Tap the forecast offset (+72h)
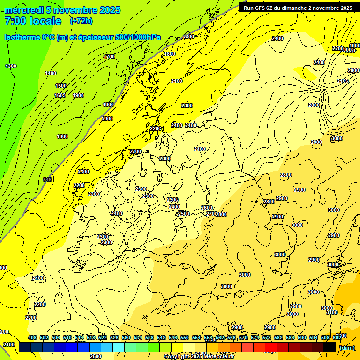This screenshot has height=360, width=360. pos(81,21)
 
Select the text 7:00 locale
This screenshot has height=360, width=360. pos(32,21)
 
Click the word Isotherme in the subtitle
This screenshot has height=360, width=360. pos(22,37)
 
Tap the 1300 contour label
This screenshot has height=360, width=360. pos(11,66)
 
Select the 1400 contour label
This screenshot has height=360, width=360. pos(51,73)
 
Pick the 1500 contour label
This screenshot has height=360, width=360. pos(61,86)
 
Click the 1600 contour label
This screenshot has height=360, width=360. pos(60,95)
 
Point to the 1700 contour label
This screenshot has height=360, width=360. pos(109,57)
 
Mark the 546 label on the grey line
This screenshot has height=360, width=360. pos(47,180)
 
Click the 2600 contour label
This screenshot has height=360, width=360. pos(206,208)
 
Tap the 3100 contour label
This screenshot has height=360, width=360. pos(331,312)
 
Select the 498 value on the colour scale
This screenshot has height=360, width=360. pos(32,337)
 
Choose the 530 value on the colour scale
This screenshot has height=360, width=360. pos(126,337)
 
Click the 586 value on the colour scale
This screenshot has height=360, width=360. pos(290,337)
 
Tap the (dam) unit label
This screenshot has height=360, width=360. pos(347,347)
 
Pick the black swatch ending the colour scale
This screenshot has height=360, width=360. pos(330,347)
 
